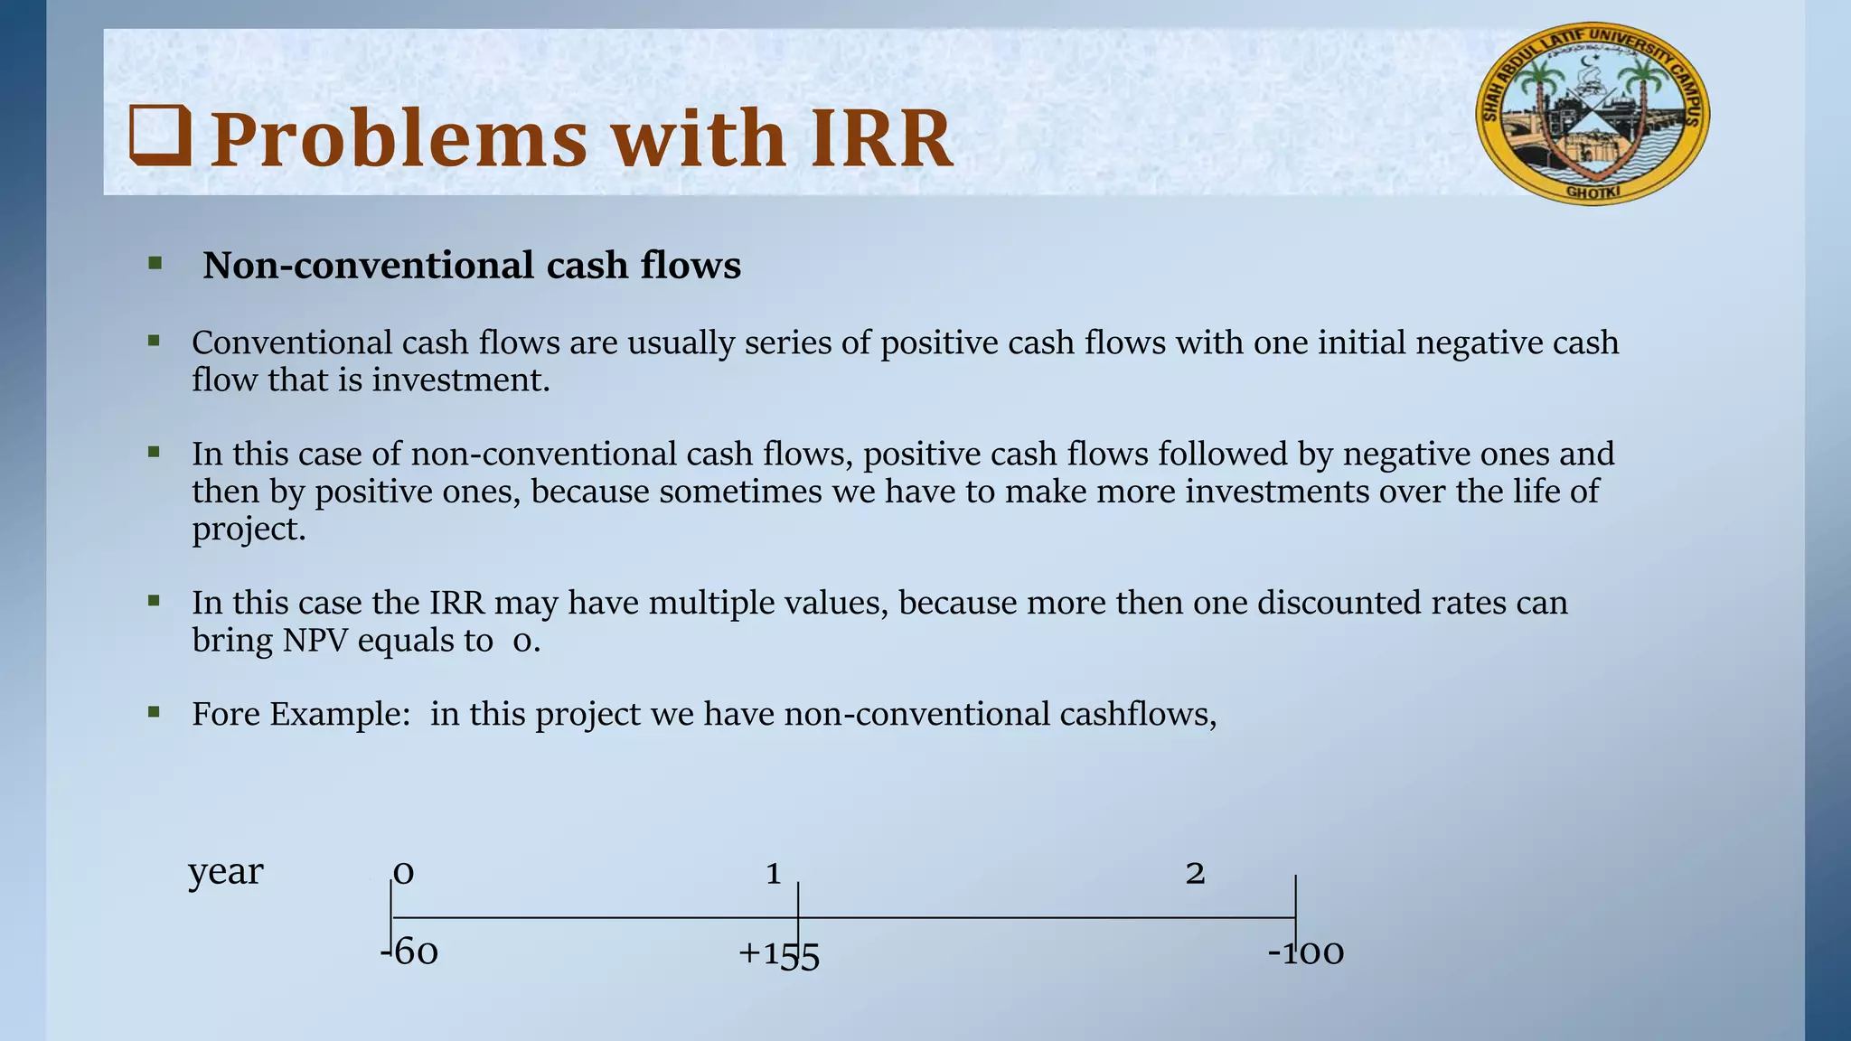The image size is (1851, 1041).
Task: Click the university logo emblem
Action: click(1593, 114)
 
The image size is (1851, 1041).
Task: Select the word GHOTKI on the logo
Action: click(1593, 192)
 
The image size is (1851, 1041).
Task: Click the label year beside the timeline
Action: click(225, 873)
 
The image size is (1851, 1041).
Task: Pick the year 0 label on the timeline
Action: click(404, 873)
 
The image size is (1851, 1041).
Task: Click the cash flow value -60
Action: click(410, 952)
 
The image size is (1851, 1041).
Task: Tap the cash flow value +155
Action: click(778, 954)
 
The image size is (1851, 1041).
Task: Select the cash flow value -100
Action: click(1306, 952)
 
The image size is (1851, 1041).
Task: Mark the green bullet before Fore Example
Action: click(154, 712)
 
